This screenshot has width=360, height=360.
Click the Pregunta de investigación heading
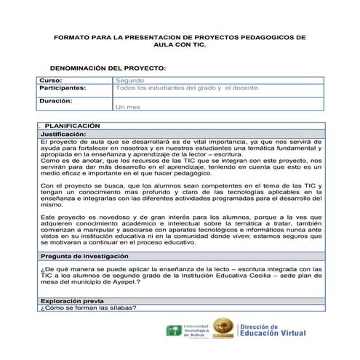coord(84,257)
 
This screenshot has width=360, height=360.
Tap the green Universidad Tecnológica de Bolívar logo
coord(175,332)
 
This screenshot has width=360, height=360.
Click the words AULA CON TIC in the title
coord(180,44)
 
